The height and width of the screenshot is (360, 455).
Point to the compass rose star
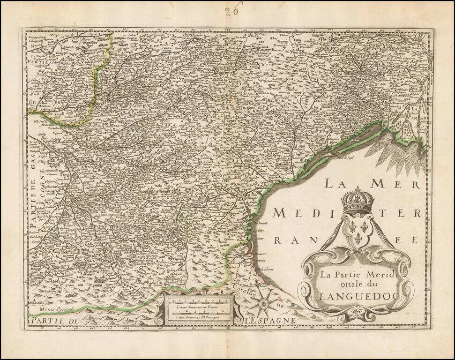(264, 304)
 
